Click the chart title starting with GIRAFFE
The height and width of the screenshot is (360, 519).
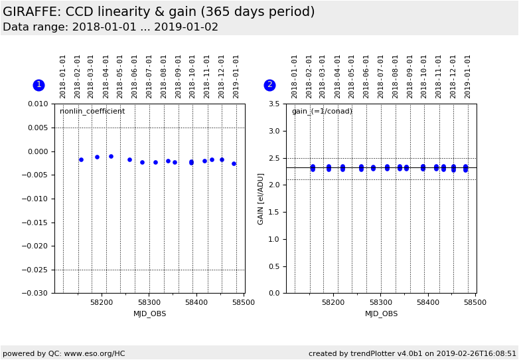[159, 12]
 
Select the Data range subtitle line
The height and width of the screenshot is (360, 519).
[110, 27]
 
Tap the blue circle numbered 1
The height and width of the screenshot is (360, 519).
[38, 85]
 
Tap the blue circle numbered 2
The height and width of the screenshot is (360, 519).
[269, 85]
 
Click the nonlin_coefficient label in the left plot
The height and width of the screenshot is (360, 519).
[92, 112]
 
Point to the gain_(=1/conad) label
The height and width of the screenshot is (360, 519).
[322, 112]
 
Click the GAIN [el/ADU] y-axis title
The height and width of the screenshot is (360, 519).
[261, 199]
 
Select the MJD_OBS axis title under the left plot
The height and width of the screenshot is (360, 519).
[150, 314]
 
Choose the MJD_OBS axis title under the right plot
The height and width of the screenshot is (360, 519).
[382, 314]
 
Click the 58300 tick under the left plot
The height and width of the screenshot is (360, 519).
[149, 302]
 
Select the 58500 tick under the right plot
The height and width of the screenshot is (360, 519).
[475, 302]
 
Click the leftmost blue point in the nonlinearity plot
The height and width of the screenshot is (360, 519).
[81, 159]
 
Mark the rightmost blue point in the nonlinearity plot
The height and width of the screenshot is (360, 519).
[234, 163]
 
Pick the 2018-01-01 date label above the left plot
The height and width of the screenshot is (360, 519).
[63, 76]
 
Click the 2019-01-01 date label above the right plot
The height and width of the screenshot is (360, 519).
[468, 76]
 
